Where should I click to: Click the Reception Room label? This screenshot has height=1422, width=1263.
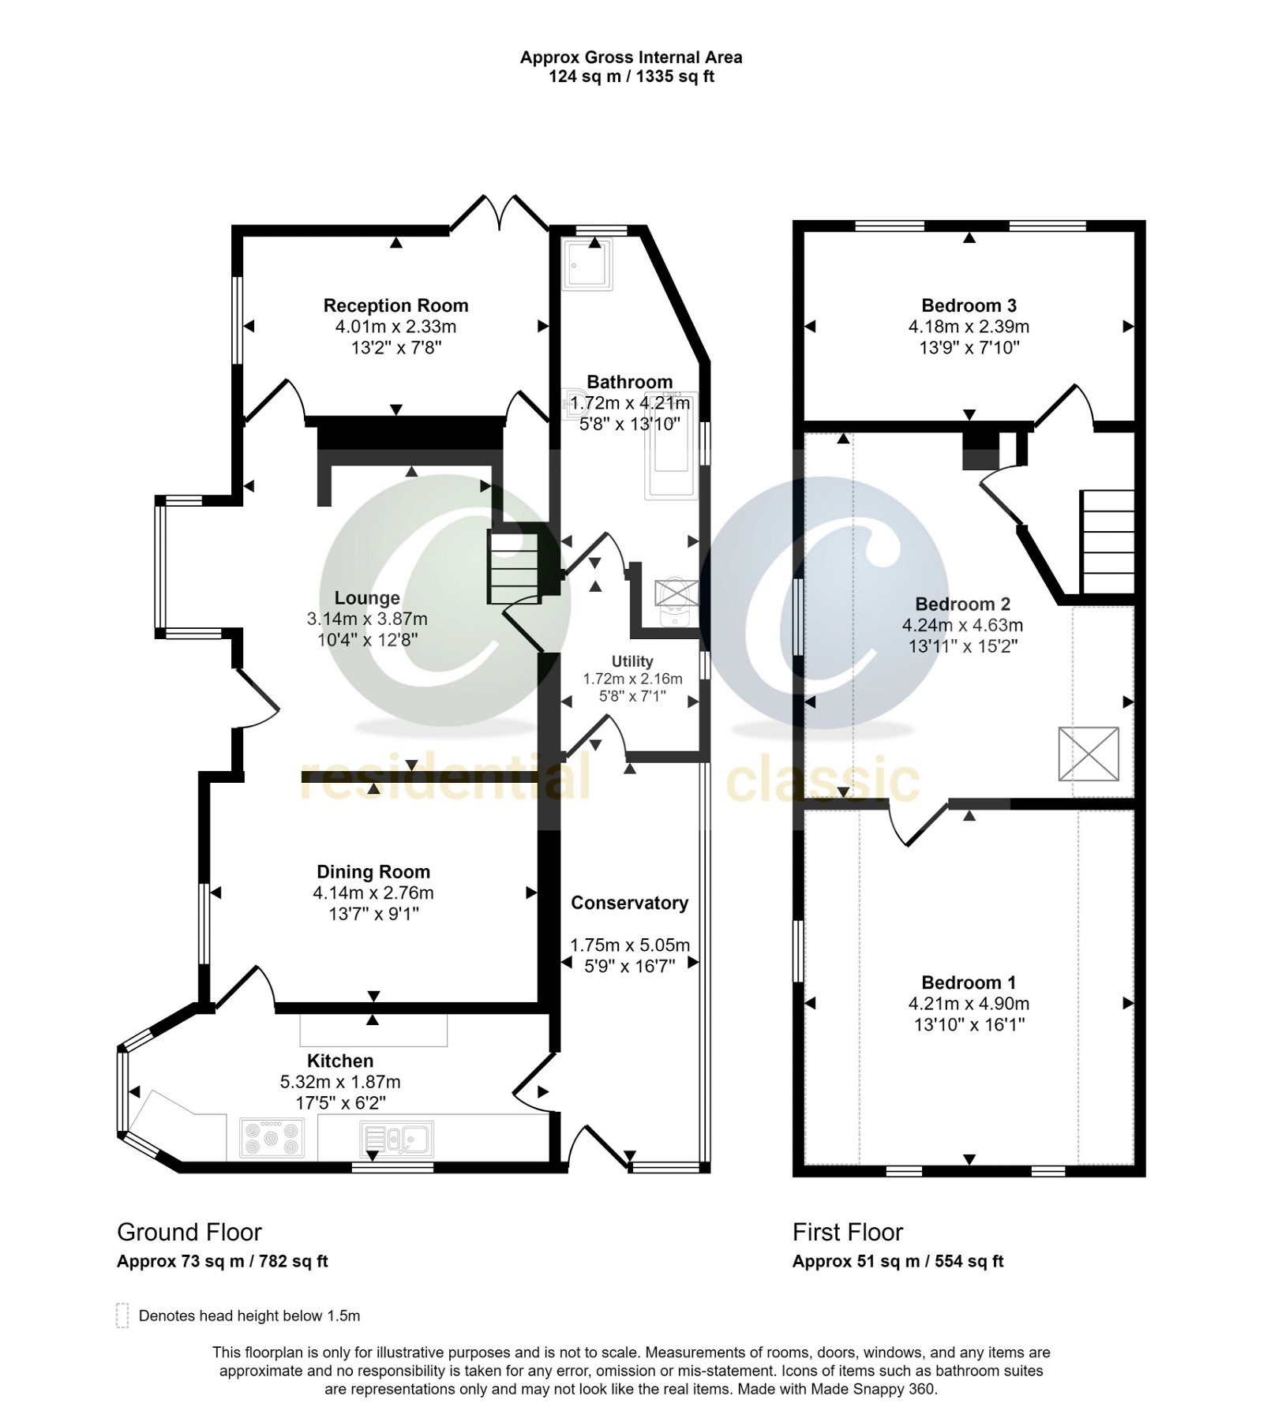pyautogui.click(x=395, y=305)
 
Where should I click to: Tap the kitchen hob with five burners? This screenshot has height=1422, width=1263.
pyautogui.click(x=272, y=1139)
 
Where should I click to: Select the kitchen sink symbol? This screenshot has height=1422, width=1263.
pyautogui.click(x=396, y=1139)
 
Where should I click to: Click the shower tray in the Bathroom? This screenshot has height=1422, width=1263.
pyautogui.click(x=587, y=264)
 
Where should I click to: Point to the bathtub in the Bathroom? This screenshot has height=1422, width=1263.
pyautogui.click(x=671, y=446)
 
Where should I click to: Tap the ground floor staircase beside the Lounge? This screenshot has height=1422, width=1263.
pyautogui.click(x=514, y=567)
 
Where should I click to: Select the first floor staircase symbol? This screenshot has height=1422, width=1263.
pyautogui.click(x=1107, y=541)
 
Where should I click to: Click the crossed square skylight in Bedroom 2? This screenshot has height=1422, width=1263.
pyautogui.click(x=1088, y=754)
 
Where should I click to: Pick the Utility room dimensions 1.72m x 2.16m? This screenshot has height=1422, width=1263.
pyautogui.click(x=632, y=679)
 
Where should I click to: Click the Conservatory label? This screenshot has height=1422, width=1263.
pyautogui.click(x=629, y=903)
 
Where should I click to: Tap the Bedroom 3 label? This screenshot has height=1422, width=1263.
pyautogui.click(x=969, y=305)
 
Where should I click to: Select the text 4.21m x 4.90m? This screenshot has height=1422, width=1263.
pyautogui.click(x=969, y=1004)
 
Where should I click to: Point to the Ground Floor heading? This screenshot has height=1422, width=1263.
pyautogui.click(x=189, y=1232)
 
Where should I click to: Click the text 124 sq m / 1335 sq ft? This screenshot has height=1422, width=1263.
pyautogui.click(x=631, y=77)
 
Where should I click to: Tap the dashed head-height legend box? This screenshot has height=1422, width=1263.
pyautogui.click(x=122, y=1315)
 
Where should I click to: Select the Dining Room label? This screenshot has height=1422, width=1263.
pyautogui.click(x=373, y=872)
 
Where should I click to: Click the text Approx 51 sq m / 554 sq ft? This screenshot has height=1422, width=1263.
pyautogui.click(x=898, y=1261)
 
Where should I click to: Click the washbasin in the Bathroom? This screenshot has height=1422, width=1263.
pyautogui.click(x=574, y=405)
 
